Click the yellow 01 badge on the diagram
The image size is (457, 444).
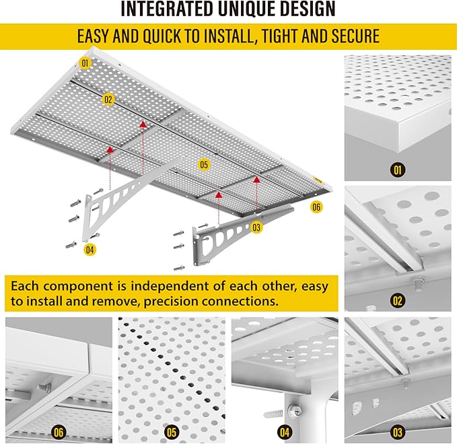coord(85,64)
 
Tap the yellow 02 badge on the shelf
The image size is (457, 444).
coord(108,99)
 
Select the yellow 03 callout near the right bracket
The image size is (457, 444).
coord(256,227)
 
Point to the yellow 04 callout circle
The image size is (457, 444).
coord(90,250)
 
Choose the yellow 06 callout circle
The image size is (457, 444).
coord(316,207)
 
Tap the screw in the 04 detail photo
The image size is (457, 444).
coord(275,408)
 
